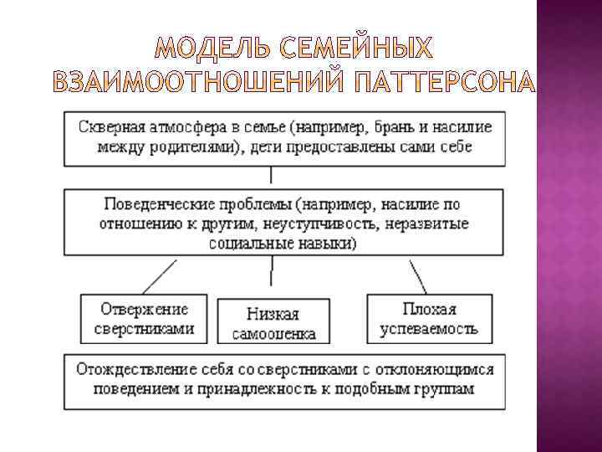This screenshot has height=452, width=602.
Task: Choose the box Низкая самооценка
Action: pyautogui.click(x=272, y=322)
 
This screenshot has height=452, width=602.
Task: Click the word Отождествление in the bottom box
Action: pyautogui.click(x=129, y=368)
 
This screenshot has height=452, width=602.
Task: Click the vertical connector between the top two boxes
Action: pyautogui.click(x=271, y=174)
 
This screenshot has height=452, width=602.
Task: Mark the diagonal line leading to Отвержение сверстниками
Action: pyautogui.click(x=161, y=274)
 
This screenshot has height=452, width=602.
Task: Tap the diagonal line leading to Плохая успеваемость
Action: pyautogui.click(x=418, y=274)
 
